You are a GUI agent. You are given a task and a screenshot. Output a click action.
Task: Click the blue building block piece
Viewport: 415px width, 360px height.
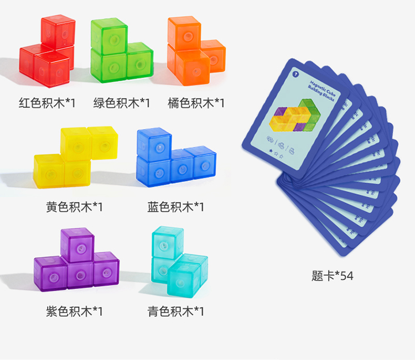[x=172, y=160]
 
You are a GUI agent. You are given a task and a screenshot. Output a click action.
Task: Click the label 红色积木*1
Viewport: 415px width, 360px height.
[x=47, y=102]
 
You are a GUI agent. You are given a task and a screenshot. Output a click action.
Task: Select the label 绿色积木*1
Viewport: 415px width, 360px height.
[x=121, y=102]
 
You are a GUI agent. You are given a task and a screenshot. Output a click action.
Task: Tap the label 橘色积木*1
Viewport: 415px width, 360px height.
[x=196, y=102]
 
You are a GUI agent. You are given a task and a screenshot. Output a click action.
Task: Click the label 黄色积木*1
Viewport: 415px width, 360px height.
[x=75, y=207]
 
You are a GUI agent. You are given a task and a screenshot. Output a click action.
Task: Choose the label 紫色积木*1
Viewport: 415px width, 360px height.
[x=75, y=311]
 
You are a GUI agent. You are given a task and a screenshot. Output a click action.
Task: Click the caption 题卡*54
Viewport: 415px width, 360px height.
[x=332, y=275]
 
